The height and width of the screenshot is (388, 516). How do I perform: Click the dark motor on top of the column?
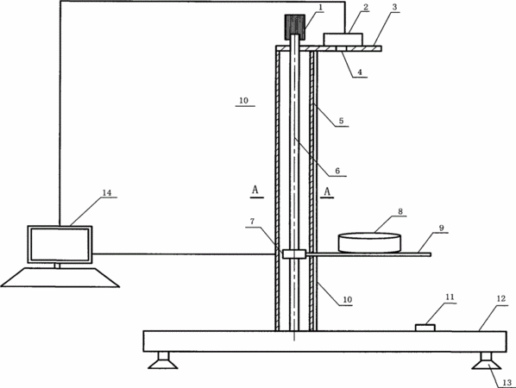pos(295,27)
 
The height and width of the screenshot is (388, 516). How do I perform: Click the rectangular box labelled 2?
pos(343,39)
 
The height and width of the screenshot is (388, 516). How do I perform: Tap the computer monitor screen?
pos(60,244)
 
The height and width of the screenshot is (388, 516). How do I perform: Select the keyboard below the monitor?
pos(60,278)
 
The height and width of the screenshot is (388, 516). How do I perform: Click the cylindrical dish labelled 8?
pos(369,242)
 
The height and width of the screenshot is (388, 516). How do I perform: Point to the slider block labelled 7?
pos(294,253)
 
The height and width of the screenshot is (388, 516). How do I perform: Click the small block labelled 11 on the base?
pos(425,328)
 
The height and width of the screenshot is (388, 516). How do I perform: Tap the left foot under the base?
pos(163,360)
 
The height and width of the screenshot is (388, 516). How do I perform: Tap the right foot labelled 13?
pos(486,360)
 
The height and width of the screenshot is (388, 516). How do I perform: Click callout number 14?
pos(107,192)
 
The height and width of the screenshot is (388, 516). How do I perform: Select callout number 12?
pos(500,299)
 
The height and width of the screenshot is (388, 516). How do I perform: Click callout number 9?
pos(442,228)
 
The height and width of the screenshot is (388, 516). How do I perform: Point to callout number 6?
pos(337,171)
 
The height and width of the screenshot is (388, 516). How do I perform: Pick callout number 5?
pos(341,121)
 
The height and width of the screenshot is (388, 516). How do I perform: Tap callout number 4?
pos(360,72)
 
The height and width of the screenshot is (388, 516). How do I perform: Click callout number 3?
pos(394,7)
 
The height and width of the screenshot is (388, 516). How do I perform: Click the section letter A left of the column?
pos(255,190)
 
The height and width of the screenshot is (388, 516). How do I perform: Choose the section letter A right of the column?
pos(327,191)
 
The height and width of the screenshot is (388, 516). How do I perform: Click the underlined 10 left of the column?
pos(243,101)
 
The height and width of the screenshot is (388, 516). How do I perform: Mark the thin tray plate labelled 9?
pos(368,254)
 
